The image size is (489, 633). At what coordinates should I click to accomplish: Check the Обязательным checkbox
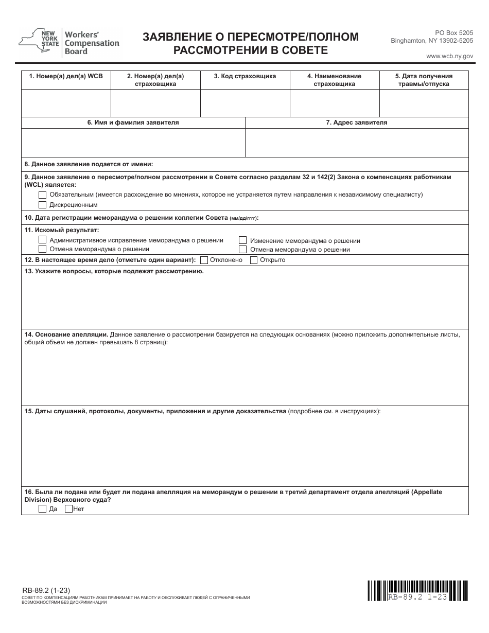42,195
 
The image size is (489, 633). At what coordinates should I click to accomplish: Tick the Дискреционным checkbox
42,204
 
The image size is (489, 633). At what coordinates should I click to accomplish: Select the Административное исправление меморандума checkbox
42,240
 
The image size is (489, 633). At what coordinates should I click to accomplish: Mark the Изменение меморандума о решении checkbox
242,240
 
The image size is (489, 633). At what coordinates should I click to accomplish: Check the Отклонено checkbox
204,260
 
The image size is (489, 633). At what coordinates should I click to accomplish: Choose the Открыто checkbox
253,260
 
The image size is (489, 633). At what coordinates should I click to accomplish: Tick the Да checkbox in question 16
42,509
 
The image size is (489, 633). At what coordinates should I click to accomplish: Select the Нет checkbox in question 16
68,509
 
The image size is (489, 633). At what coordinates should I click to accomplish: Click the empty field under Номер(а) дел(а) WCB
66,103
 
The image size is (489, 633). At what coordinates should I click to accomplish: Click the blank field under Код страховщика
245,103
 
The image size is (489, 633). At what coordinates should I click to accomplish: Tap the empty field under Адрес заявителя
357,143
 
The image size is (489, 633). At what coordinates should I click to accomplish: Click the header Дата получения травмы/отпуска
424,80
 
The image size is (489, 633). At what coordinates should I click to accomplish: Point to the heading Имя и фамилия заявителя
133,123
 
